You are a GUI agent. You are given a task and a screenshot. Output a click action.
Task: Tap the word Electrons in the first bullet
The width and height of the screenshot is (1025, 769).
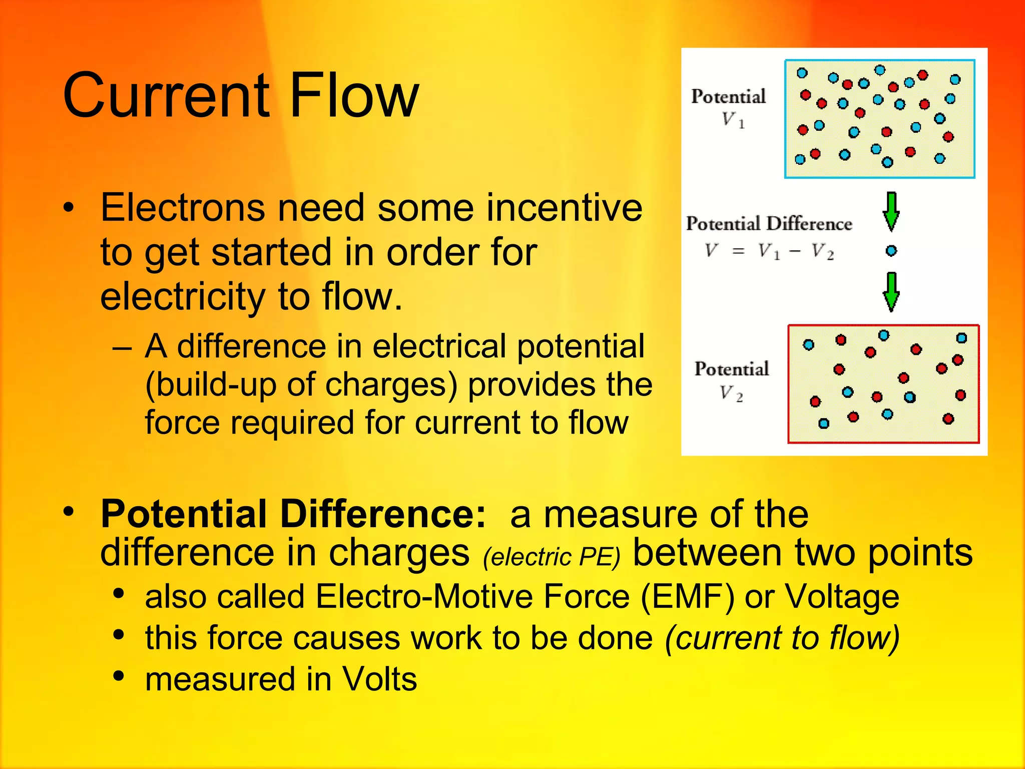(x=182, y=208)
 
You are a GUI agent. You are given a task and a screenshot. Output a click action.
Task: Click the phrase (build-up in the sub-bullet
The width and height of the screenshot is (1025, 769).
(x=210, y=384)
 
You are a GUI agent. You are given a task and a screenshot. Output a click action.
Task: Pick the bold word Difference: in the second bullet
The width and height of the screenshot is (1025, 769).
(x=383, y=514)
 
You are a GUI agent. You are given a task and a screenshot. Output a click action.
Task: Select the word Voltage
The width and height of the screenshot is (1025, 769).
(x=842, y=597)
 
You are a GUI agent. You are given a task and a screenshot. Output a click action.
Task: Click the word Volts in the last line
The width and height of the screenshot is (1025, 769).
(x=379, y=679)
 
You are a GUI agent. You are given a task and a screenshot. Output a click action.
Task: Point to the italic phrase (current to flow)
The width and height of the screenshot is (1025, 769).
(x=782, y=638)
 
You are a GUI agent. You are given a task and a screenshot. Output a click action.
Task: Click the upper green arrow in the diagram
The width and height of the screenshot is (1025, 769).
(x=891, y=212)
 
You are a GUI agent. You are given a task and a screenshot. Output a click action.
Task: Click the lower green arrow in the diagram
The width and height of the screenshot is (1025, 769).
(x=891, y=292)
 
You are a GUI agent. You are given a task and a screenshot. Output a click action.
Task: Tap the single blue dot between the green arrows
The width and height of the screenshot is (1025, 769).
(x=891, y=251)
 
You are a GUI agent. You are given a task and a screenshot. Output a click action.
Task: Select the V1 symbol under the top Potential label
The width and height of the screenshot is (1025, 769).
(x=732, y=120)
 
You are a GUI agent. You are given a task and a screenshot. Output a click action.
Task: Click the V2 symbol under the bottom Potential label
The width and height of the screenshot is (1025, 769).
(x=731, y=394)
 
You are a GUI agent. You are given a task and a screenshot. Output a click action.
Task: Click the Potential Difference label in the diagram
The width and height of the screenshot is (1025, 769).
(x=769, y=223)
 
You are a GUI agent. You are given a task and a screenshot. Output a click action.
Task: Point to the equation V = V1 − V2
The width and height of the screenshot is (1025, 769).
(x=769, y=251)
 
